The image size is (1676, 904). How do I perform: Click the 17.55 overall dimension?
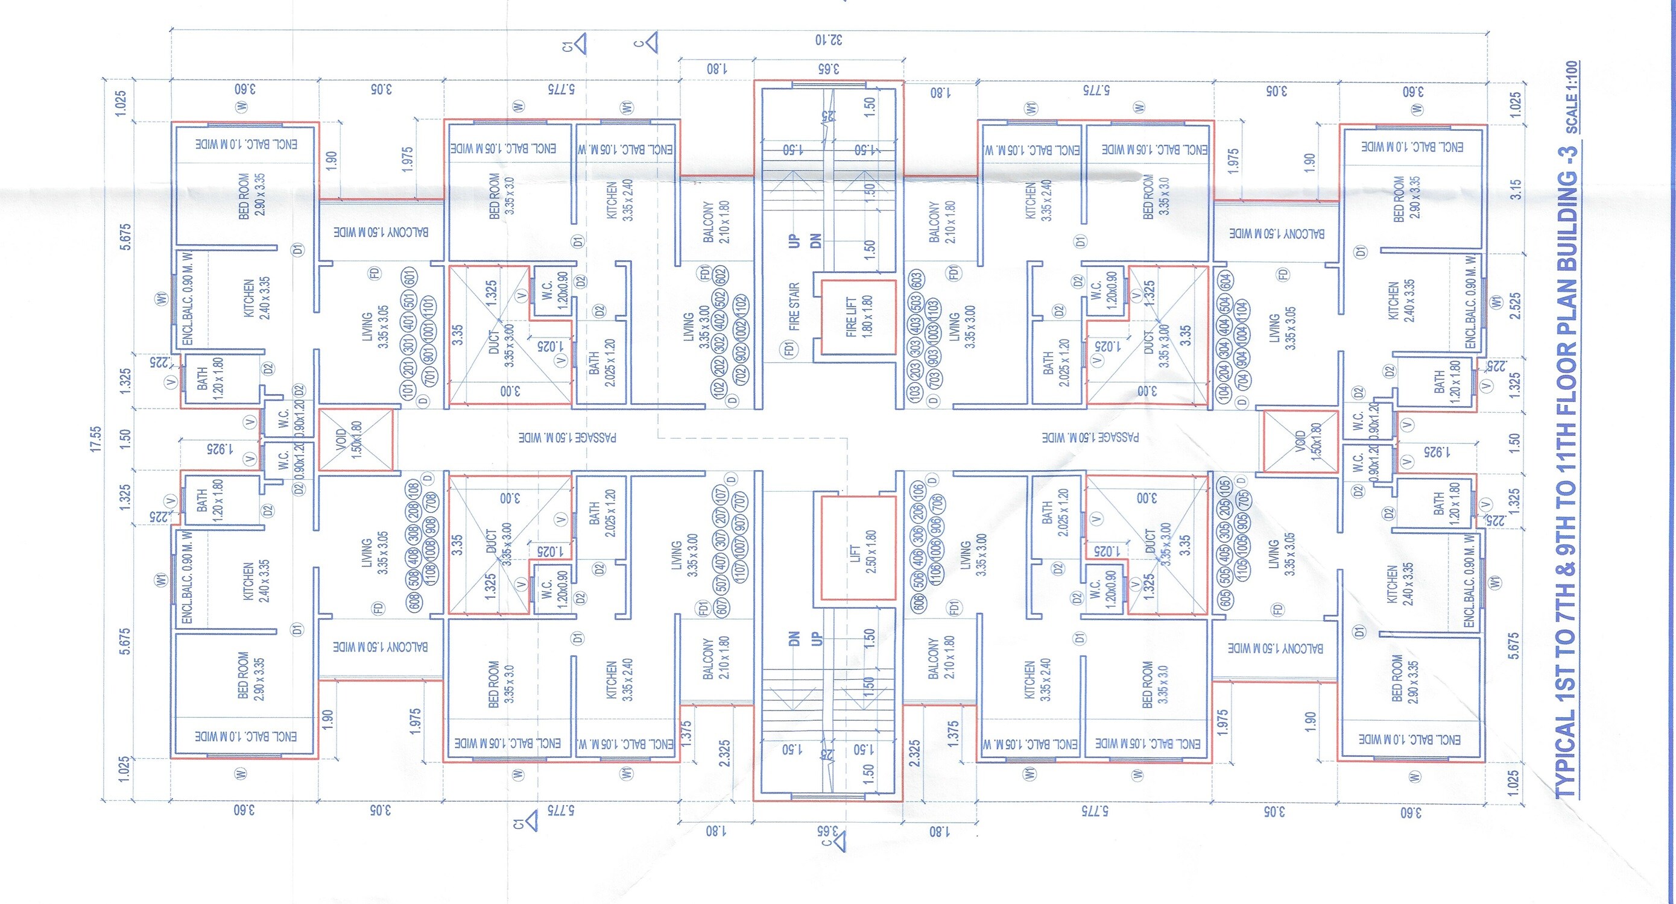[x=96, y=439]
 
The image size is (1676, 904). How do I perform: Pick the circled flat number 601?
[x=410, y=278]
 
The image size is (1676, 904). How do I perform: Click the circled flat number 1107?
[x=740, y=571]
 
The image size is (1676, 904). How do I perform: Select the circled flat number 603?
[x=916, y=281]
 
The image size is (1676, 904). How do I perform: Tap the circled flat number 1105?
[x=1241, y=570]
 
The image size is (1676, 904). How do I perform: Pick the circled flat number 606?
[x=918, y=601]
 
